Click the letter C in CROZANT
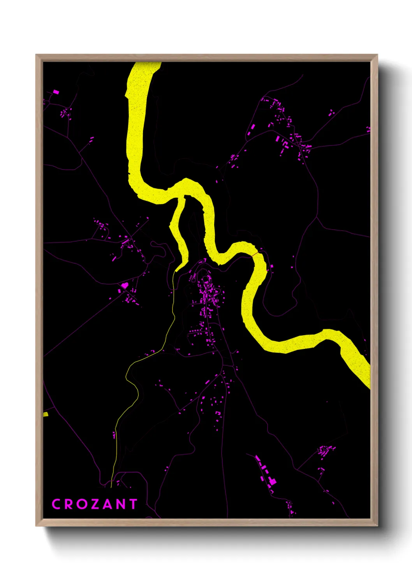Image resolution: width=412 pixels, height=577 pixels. pyautogui.click(x=56, y=504)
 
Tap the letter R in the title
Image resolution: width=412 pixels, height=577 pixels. pyautogui.click(x=68, y=504)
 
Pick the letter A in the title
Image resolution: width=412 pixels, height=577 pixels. pyautogui.click(x=106, y=504)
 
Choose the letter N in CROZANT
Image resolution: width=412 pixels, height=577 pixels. pyautogui.click(x=120, y=504)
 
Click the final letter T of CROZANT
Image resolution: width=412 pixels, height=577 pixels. pyautogui.click(x=132, y=504)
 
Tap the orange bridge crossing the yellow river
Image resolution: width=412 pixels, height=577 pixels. pyautogui.click(x=254, y=254)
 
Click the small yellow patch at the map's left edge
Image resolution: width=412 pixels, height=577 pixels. pyautogui.click(x=45, y=414)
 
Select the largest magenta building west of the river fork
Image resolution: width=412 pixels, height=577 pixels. pyautogui.click(x=124, y=286)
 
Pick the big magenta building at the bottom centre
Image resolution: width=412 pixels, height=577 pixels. pyautogui.click(x=272, y=482)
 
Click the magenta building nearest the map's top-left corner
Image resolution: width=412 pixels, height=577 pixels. pyautogui.click(x=56, y=92)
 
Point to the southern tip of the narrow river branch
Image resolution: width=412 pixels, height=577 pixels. pyautogui.click(x=177, y=269)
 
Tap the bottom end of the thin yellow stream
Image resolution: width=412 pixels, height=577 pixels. pyautogui.click(x=111, y=486)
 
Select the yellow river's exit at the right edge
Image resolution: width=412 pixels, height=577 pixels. pyautogui.click(x=368, y=380)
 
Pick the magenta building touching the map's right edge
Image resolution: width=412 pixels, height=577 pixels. pyautogui.click(x=368, y=129)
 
